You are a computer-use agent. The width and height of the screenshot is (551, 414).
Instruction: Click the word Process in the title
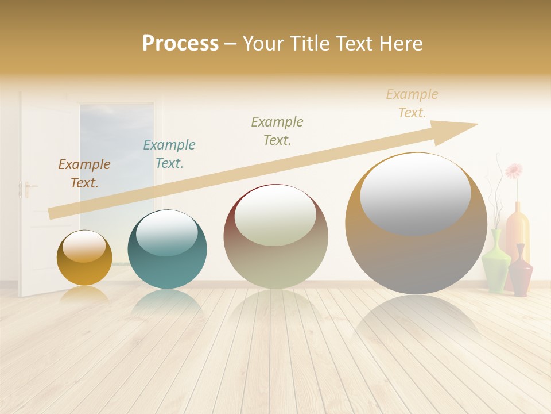click(180, 44)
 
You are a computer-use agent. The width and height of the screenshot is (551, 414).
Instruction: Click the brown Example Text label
click(84, 174)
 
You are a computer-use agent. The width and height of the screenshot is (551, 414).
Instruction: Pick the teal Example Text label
click(169, 154)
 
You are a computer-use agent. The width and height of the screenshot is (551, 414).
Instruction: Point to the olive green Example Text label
click(277, 131)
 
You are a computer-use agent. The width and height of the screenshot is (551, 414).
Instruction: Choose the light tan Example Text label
click(412, 103)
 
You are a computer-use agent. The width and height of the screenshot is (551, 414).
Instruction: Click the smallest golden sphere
click(84, 258)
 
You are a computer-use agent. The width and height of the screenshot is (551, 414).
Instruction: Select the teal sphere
click(167, 249)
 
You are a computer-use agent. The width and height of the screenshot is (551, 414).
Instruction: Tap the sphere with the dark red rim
click(275, 237)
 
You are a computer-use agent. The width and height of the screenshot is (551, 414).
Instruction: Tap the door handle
click(26, 187)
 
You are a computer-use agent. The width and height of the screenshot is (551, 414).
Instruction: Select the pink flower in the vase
click(514, 170)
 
